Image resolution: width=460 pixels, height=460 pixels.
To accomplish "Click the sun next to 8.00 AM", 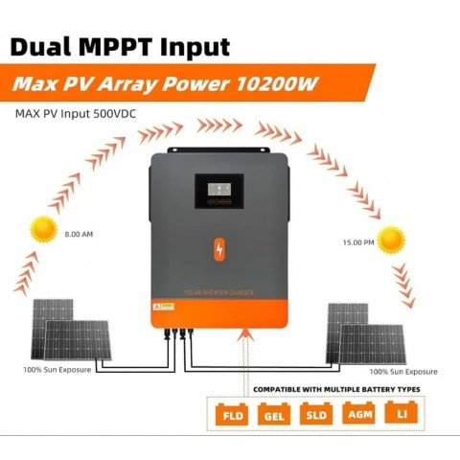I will click(43, 229).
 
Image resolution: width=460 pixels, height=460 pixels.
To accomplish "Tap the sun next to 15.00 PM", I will click(391, 240).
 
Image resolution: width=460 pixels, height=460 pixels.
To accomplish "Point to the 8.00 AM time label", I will click(80, 234).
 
